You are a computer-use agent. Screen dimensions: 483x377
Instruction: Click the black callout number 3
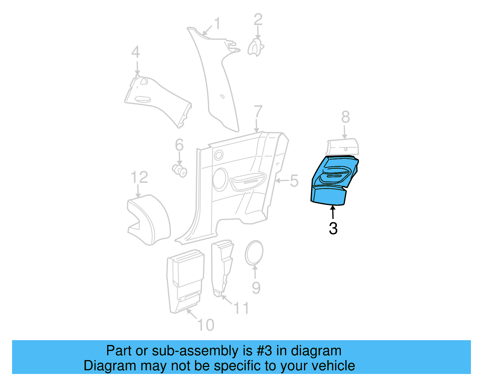tap(333, 228)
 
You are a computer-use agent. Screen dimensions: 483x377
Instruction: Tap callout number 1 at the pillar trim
tap(217, 24)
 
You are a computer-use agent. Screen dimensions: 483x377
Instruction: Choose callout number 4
tap(136, 52)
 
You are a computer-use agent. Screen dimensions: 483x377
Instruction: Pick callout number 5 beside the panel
tap(294, 181)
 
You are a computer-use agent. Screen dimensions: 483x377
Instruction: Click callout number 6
tap(179, 145)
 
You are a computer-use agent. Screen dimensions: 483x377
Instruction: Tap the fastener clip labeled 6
tap(180, 171)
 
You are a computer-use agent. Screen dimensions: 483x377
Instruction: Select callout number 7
tap(258, 112)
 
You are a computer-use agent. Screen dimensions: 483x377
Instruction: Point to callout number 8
tap(345, 117)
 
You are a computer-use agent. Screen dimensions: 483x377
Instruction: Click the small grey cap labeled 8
tap(343, 147)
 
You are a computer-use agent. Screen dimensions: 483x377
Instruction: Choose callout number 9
tap(256, 288)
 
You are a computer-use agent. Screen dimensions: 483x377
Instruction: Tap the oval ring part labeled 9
tap(254, 253)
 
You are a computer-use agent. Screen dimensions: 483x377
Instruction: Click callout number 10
tap(206, 325)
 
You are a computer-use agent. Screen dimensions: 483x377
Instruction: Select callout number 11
tap(241, 308)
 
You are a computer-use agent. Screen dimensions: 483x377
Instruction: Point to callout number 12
tap(139, 177)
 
